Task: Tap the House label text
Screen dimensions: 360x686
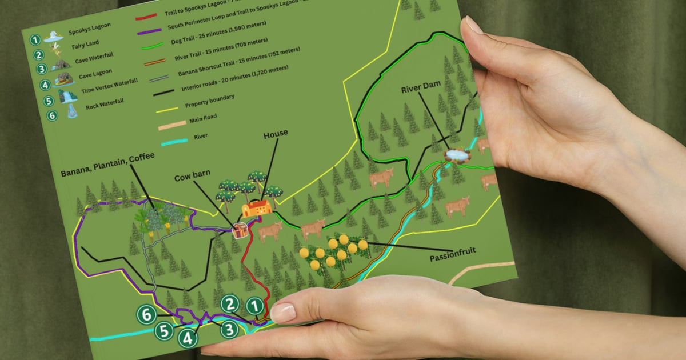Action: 276,135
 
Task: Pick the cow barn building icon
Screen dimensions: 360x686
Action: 240,230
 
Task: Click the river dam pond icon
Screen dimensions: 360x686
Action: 456,154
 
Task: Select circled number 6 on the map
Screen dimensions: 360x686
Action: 147,313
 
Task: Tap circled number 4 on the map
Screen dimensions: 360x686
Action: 188,338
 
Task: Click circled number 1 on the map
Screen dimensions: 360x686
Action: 256,306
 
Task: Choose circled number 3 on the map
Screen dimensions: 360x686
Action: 229,329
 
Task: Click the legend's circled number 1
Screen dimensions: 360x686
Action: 35,40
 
